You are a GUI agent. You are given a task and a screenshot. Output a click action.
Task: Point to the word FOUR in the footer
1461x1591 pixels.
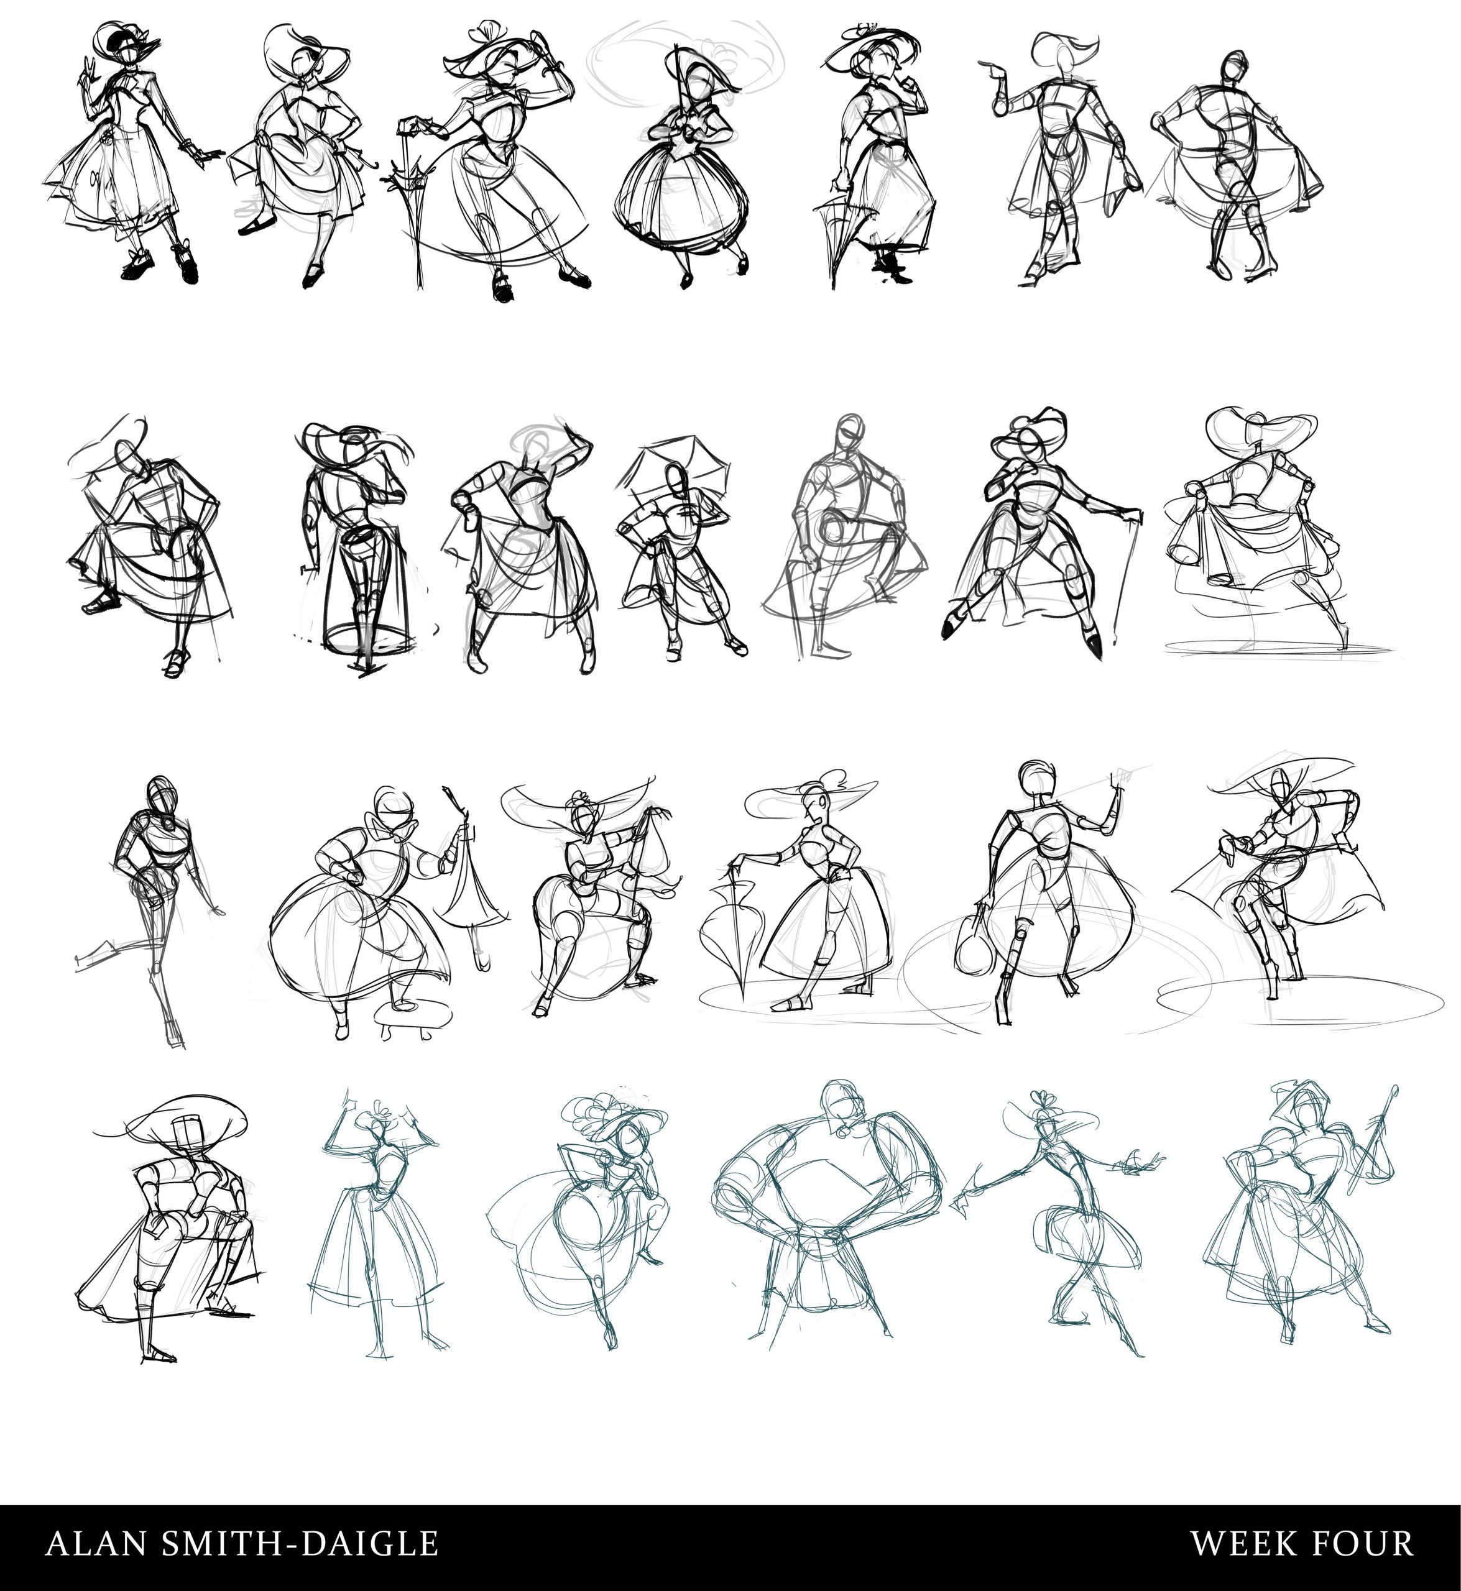point(1362,1543)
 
